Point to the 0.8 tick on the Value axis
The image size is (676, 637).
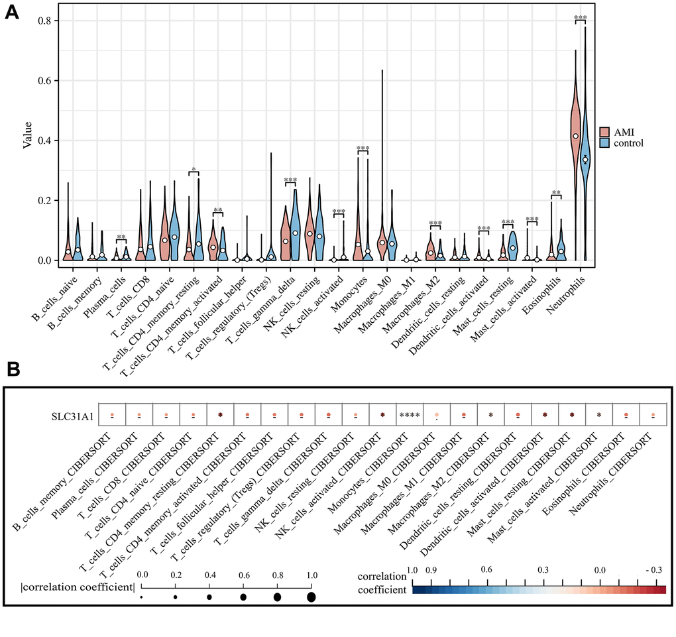(x=50, y=21)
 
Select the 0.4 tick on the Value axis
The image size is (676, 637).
(x=50, y=141)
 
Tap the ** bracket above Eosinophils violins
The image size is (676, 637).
(x=556, y=194)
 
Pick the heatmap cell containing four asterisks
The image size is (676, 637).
(x=410, y=415)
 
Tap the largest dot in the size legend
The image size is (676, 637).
(x=311, y=597)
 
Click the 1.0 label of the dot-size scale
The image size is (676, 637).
(x=311, y=574)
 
